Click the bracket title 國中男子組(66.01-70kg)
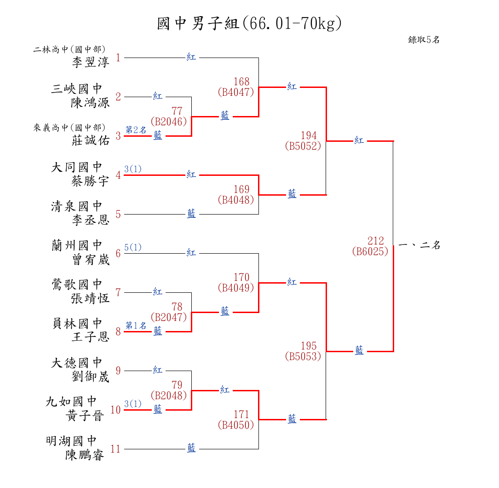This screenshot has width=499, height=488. pos(249,23)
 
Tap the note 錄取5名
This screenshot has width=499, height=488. pos(424,40)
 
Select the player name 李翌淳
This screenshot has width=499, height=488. pos(91,62)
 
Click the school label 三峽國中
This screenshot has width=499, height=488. pos(77,89)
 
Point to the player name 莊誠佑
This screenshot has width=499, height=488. pos(91,140)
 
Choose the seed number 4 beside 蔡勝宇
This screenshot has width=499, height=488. pos(118,175)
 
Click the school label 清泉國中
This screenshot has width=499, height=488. pos(77,206)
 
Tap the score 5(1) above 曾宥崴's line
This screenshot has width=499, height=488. pos(133,247)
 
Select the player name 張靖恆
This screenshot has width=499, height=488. pos(91,298)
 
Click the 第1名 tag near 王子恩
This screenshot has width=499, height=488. pos(136,325)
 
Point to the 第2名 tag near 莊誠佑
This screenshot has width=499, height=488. pos(136,130)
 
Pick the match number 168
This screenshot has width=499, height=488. pos(241,82)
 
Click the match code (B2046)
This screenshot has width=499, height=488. pos(169,122)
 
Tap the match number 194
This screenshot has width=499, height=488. pos(309,136)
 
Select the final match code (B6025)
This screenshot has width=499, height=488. pos(370,252)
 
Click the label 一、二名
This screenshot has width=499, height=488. pos(419,245)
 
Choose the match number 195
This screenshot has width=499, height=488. pos(309,346)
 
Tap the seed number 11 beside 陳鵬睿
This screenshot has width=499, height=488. pos(115,449)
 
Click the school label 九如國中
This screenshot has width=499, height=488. pos(71,402)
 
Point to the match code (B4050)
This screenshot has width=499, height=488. pos(235,425)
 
